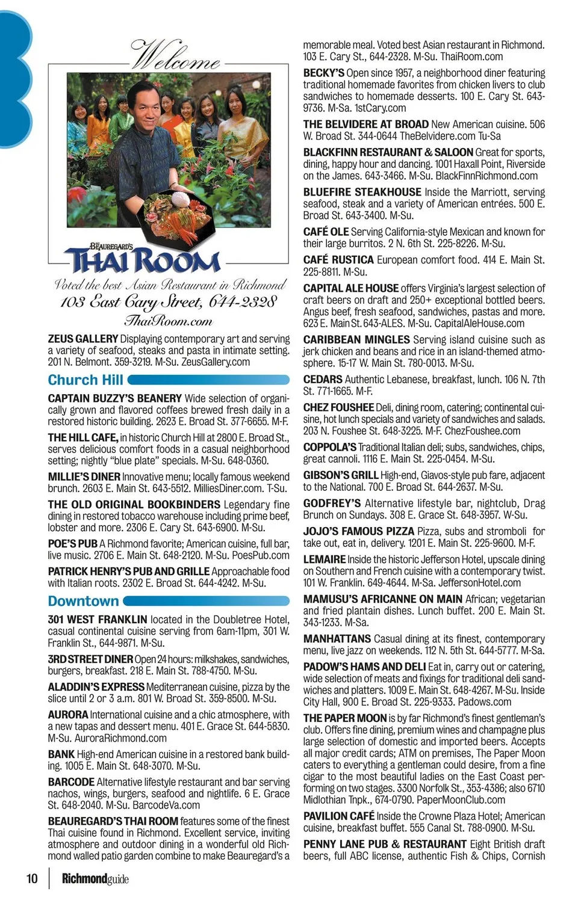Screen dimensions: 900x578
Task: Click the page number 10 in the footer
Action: [31, 878]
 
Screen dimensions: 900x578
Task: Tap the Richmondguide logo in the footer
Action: [95, 879]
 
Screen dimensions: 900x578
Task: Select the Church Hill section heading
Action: [85, 380]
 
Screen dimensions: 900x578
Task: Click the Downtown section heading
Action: [84, 601]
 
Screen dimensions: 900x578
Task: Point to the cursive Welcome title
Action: [175, 56]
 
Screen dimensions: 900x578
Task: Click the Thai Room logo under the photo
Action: [144, 259]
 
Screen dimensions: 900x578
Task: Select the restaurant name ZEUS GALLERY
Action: [82, 339]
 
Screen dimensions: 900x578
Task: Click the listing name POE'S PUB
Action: [72, 544]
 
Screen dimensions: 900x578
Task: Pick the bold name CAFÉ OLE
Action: [326, 232]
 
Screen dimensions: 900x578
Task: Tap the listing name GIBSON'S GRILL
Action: [341, 475]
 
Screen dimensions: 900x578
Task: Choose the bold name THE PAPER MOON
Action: [345, 718]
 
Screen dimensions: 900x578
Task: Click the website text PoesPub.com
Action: [263, 555]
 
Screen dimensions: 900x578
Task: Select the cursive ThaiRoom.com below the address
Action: [168, 321]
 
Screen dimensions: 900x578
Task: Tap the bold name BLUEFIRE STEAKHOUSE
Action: [362, 193]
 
